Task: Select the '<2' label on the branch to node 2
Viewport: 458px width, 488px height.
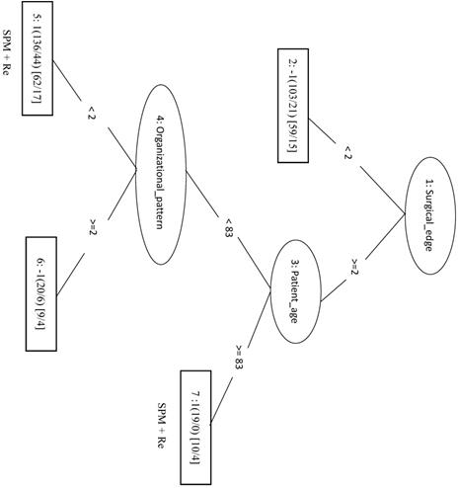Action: pos(347,153)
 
